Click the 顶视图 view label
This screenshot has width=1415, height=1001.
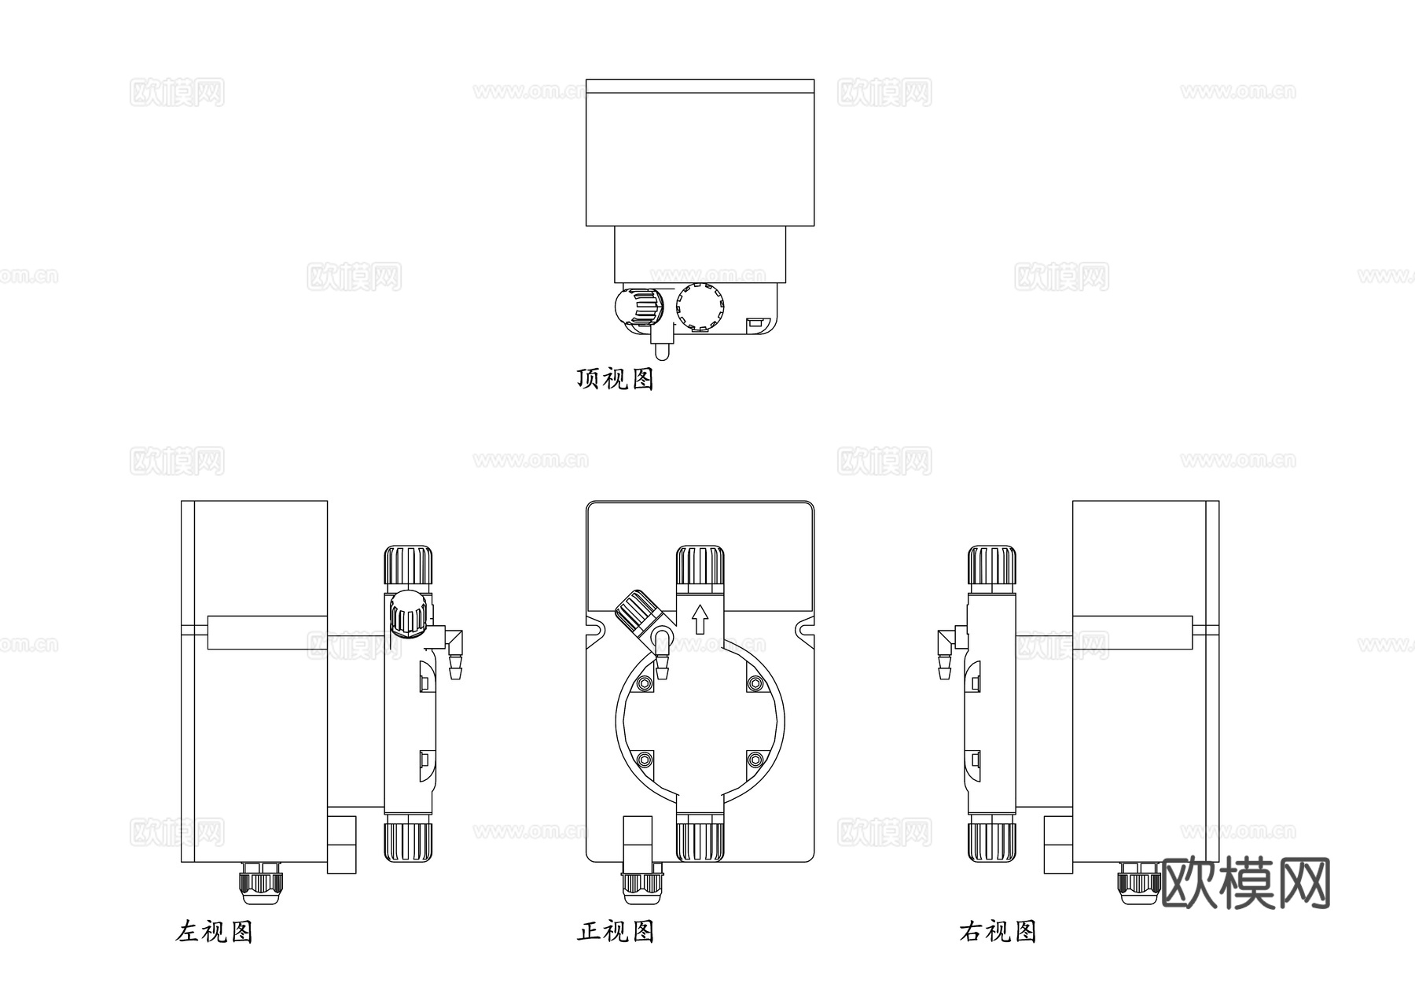click(615, 379)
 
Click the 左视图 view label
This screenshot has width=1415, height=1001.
click(214, 932)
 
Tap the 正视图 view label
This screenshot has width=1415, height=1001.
click(615, 932)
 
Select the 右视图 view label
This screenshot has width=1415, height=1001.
click(998, 932)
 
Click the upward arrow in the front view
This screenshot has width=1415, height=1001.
click(699, 620)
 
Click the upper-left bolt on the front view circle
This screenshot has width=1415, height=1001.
click(645, 683)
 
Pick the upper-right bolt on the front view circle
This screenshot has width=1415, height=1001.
click(755, 683)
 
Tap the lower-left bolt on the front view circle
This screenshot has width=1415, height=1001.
click(645, 760)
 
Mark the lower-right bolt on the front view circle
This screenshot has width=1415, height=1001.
click(755, 760)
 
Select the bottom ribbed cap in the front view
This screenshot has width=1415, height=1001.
click(700, 840)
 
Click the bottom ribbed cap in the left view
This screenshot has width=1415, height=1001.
click(408, 840)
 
